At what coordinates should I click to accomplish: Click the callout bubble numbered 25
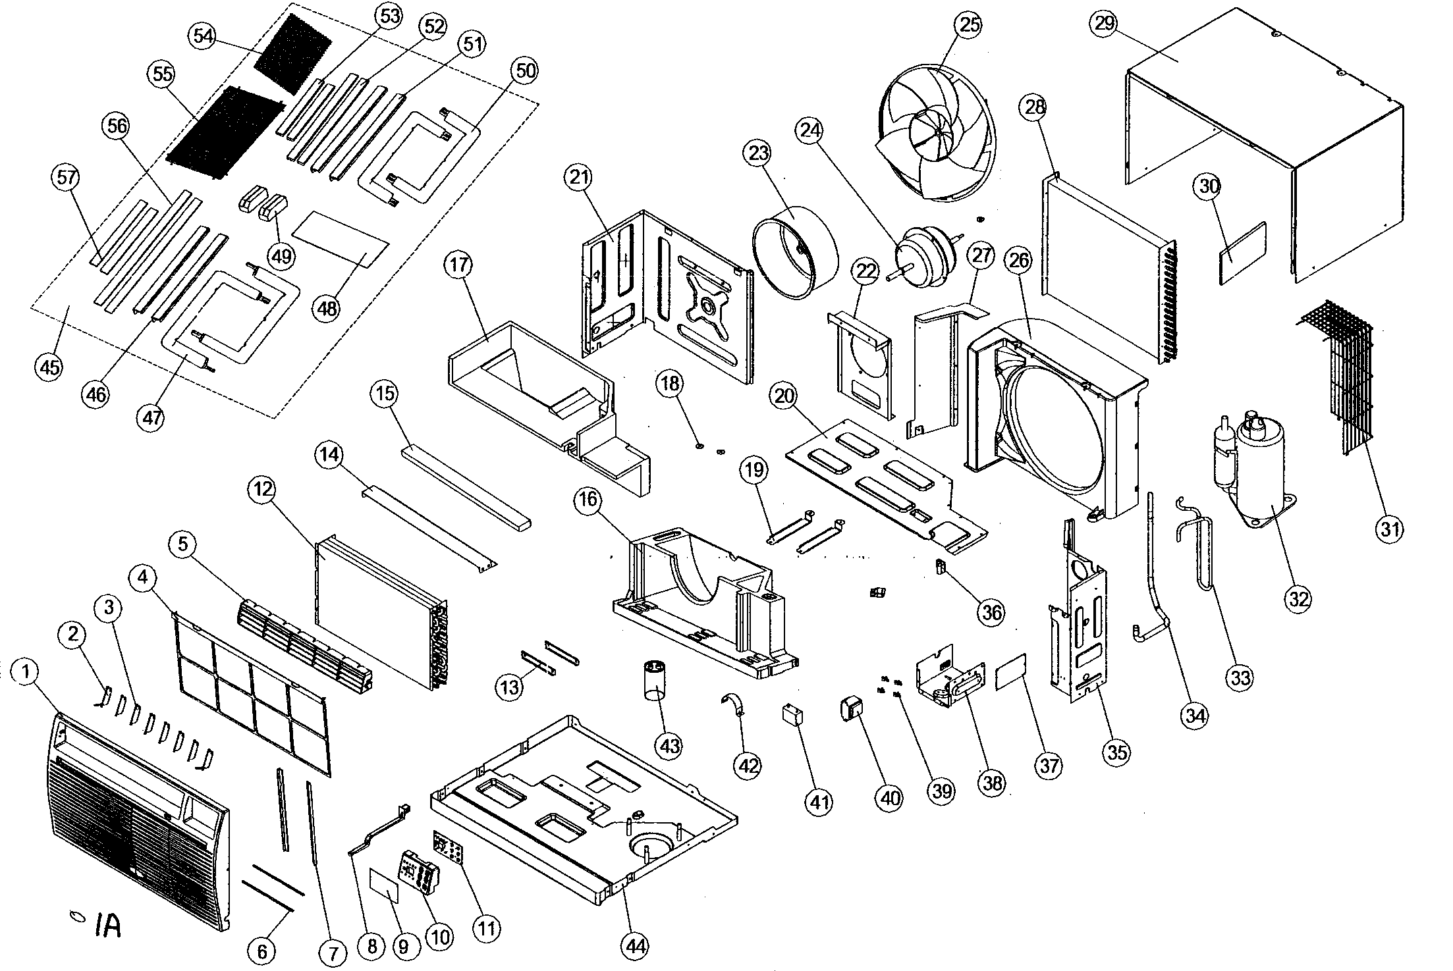click(x=970, y=25)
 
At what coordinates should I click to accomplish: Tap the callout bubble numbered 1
click(x=25, y=672)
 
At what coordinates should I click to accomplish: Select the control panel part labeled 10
click(x=419, y=872)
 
